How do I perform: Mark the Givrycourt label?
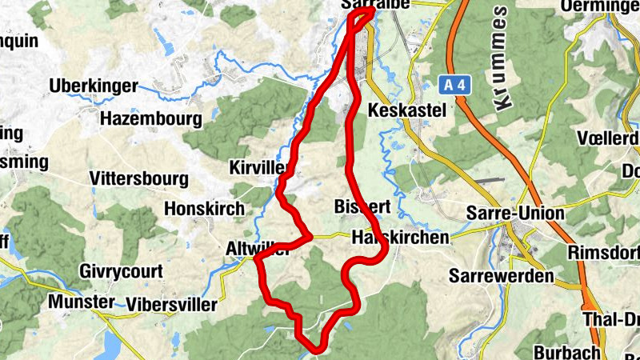pos(121,272)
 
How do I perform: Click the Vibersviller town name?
pos(171,305)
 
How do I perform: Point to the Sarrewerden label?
pos(502,276)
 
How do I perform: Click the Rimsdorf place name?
pos(603,253)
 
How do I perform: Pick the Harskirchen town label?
pos(400,238)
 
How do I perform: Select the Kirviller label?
pos(258,167)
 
